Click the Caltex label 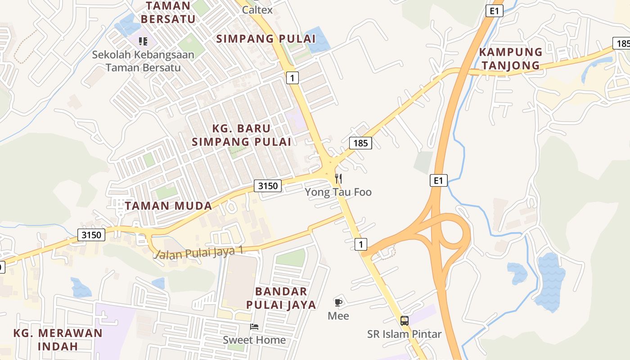257,9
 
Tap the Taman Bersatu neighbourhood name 168,13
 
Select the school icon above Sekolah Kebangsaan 143,42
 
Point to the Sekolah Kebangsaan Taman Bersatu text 143,61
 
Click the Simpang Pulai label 266,39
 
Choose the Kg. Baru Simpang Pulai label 241,135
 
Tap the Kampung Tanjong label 510,58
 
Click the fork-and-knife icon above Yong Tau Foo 338,179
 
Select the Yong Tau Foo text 338,192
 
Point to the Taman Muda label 168,206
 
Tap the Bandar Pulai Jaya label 281,298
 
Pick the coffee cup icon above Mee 338,302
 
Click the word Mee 338,316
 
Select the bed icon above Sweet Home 254,327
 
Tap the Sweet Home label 254,340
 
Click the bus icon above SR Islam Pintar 405,321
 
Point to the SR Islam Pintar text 405,334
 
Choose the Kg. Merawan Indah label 58,340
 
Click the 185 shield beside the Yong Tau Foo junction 360,144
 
